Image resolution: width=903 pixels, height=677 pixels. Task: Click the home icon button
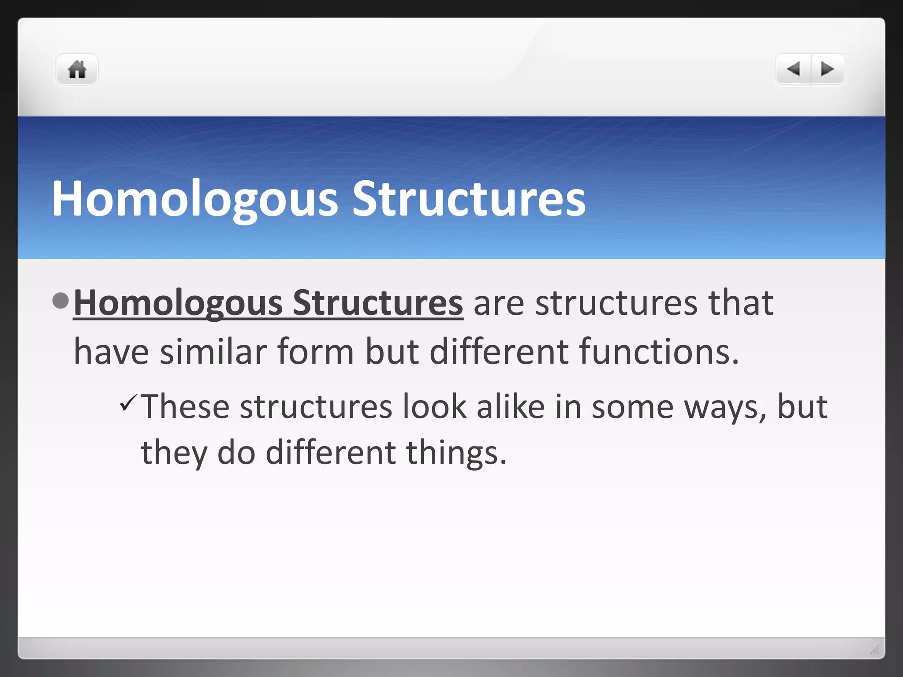[x=77, y=70]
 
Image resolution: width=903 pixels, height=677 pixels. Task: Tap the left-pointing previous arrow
[x=793, y=69]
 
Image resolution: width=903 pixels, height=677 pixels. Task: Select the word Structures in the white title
[x=469, y=199]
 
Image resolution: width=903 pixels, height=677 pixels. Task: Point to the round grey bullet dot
[x=60, y=301]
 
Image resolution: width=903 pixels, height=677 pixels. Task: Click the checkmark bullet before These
[x=128, y=403]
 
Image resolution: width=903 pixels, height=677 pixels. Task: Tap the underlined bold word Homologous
[x=178, y=303]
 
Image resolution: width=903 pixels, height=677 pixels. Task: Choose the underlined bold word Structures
[x=378, y=303]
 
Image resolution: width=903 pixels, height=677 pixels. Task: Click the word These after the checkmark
[x=185, y=406]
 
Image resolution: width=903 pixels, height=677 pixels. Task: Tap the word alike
[x=511, y=406]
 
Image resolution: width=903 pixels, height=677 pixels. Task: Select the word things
[x=456, y=453]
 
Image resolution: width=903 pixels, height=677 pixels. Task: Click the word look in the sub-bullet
[x=434, y=406]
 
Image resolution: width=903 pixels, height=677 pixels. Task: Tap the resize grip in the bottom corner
[x=875, y=649]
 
